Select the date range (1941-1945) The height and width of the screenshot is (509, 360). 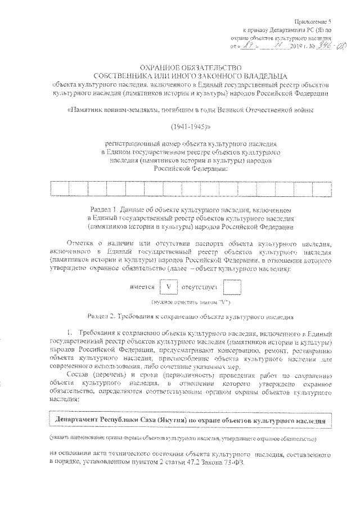pyautogui.click(x=183, y=127)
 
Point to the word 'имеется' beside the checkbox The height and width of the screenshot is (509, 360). pyautogui.click(x=142, y=287)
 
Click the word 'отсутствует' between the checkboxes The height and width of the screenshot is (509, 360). pyautogui.click(x=200, y=287)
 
